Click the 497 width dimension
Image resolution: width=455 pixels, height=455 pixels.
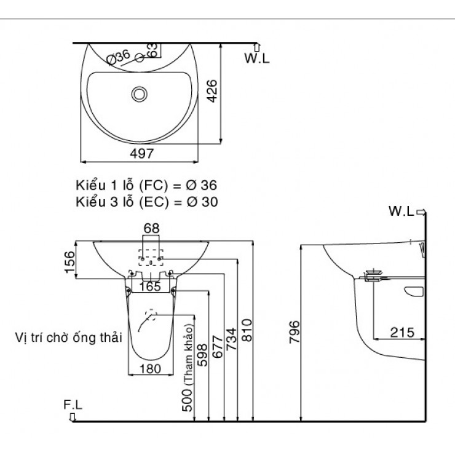(141, 154)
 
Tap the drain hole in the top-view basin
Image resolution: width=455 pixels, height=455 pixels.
(140, 94)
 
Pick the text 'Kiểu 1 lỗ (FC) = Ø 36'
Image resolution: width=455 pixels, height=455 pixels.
(146, 185)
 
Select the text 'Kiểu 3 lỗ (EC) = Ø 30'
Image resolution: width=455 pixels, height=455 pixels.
(146, 201)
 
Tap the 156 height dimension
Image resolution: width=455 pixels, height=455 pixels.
(69, 261)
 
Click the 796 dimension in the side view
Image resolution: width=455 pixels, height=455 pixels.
(294, 332)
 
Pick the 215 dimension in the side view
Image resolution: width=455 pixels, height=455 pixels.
(402, 332)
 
